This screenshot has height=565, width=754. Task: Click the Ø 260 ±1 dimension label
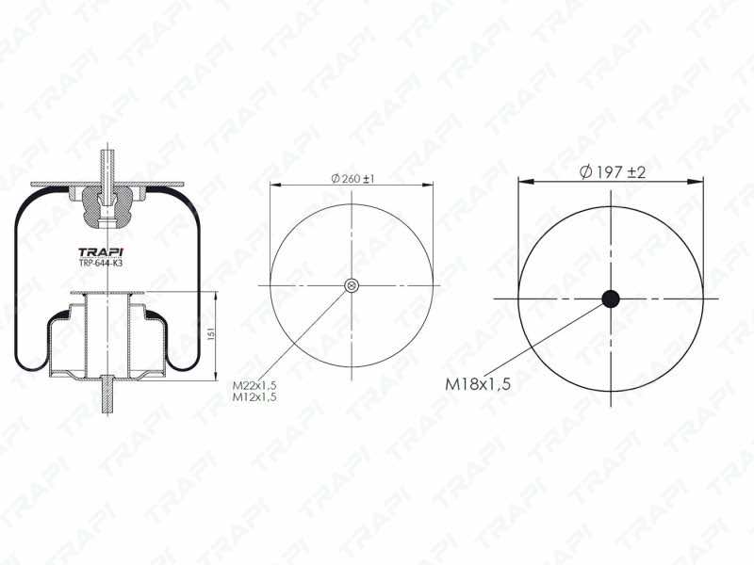pos(352,179)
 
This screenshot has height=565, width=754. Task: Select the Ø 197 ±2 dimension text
pos(612,171)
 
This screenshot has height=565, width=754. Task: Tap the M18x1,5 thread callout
pos(478,384)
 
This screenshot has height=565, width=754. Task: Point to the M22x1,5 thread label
pos(254,385)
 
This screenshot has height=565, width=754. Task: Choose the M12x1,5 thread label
pos(254,396)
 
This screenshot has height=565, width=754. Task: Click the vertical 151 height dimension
pos(210,334)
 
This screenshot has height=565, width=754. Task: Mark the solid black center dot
pos(611,299)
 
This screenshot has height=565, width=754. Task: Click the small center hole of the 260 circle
pos(352,286)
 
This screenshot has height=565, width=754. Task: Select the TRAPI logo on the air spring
pos(101,252)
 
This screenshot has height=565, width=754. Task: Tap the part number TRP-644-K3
pos(101,264)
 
